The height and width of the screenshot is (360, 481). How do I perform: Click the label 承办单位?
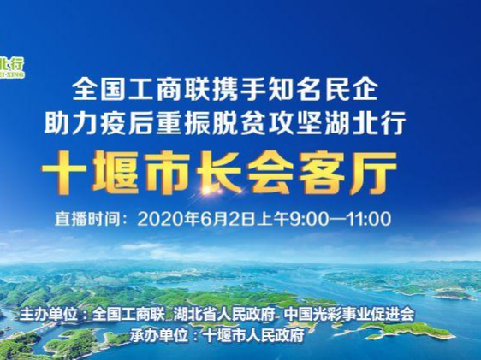pyautogui.click(x=158, y=335)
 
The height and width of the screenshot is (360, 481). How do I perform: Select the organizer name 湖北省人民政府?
pyautogui.click(x=223, y=314)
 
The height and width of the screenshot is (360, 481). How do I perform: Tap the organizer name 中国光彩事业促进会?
pyautogui.click(x=349, y=314)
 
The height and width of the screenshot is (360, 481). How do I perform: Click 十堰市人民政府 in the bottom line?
pyautogui.click(x=254, y=335)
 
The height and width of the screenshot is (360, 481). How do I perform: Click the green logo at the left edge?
pyautogui.click(x=12, y=68)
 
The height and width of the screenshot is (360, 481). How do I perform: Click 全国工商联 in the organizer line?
pyautogui.click(x=128, y=314)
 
